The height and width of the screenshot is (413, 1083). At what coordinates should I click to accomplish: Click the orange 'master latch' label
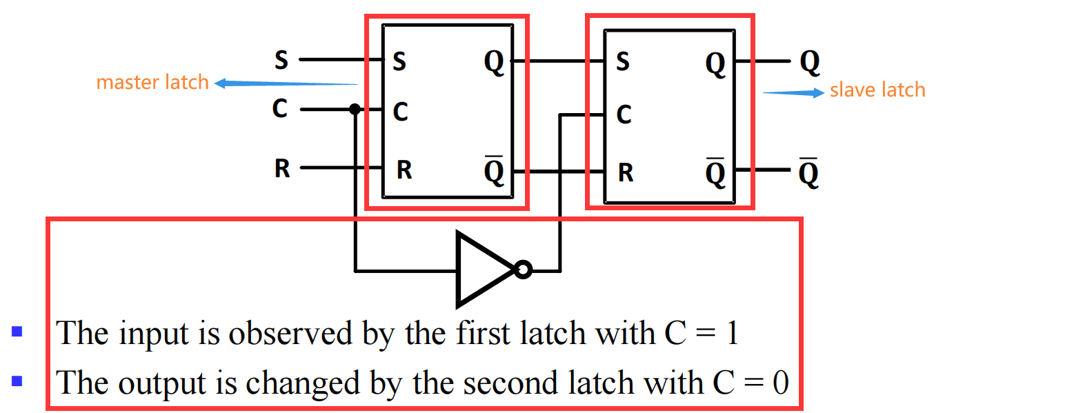pos(152,83)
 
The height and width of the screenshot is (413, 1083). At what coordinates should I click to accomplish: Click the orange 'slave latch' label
pos(877,90)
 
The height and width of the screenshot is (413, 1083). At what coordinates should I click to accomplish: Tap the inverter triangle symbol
pos(483,269)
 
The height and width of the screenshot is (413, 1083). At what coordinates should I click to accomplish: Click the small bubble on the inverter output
pos(524,269)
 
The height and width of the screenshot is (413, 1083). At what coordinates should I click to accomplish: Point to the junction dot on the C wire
pos(355,109)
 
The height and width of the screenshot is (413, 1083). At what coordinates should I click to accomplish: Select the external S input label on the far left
pos(281,60)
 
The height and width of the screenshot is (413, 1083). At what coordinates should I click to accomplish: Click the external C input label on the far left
pos(279,108)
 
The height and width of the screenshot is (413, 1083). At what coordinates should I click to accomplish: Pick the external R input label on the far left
pos(282,168)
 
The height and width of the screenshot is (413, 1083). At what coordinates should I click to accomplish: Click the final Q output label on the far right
pos(810,62)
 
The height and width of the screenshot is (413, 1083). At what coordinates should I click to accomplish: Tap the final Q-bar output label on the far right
pos(808,172)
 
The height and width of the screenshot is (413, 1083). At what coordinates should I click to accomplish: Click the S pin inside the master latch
pos(399,62)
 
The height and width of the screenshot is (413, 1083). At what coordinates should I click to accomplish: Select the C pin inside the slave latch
pos(624,114)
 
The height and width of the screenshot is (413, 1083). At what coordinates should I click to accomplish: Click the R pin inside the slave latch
pos(626,172)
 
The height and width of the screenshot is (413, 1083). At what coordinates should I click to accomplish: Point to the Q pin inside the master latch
pos(495,62)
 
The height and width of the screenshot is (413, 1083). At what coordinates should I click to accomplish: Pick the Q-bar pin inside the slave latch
pos(715,172)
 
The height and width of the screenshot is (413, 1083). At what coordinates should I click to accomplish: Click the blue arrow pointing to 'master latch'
pos(286,83)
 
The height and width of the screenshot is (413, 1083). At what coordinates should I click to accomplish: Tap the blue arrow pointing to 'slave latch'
pos(793,92)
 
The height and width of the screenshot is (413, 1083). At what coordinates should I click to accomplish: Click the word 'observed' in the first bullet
pos(290,334)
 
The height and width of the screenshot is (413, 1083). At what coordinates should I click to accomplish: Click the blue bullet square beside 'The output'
pos(17,381)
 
